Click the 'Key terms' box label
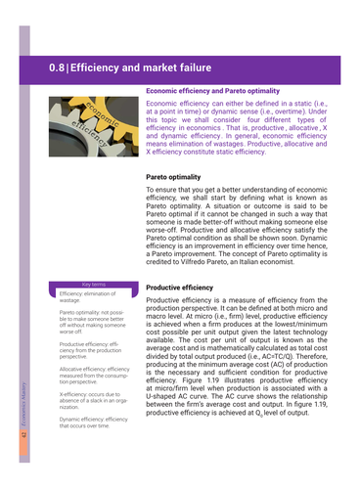click(94, 284)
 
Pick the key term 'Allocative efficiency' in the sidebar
click(93, 372)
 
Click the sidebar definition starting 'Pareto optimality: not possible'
click(94, 319)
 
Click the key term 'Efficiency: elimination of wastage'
click(92, 296)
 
